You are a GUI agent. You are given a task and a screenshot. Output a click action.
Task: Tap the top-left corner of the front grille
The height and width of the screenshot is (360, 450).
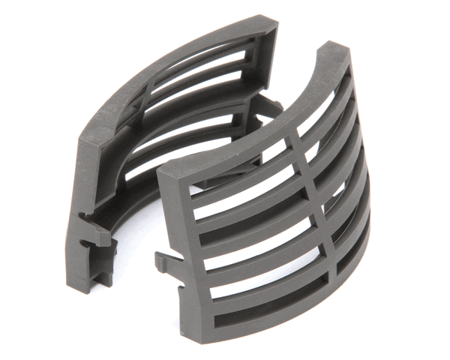click(159, 171)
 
